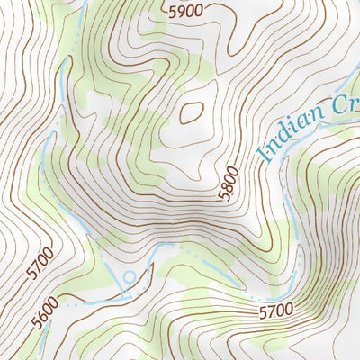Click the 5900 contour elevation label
(185, 11)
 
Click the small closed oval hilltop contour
(191, 112)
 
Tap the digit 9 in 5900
(179, 11)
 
